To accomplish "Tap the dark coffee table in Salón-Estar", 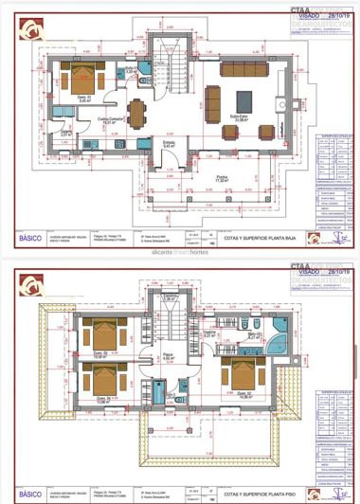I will [239, 101].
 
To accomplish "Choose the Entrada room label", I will [171, 145].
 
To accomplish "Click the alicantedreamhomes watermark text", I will [180, 253].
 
